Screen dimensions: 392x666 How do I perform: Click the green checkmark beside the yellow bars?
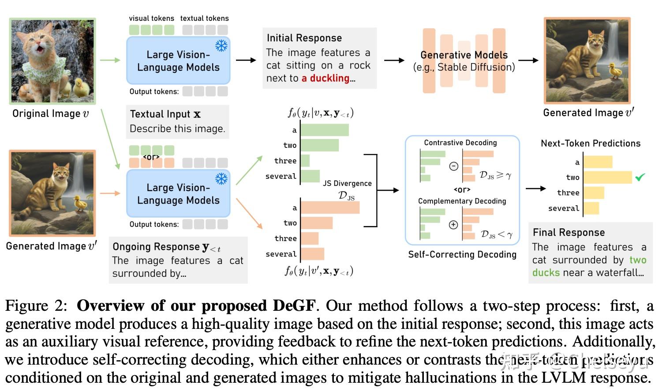click(x=640, y=177)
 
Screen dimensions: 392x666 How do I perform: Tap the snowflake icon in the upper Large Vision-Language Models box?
click(x=221, y=45)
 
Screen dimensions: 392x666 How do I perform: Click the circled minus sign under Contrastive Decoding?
click(x=453, y=166)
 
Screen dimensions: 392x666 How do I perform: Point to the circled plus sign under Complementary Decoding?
click(x=453, y=225)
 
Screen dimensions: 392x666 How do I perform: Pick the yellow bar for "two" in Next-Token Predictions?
click(x=607, y=177)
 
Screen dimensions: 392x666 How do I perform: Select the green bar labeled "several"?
click(x=310, y=176)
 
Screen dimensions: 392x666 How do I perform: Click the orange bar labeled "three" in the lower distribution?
click(x=310, y=238)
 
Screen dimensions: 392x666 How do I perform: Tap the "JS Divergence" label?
click(x=347, y=183)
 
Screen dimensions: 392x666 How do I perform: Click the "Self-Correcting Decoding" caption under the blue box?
click(x=462, y=254)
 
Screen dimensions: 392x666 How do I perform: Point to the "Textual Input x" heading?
click(x=165, y=114)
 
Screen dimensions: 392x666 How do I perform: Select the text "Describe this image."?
click(x=177, y=128)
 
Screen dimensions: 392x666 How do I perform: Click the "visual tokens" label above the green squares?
click(x=151, y=18)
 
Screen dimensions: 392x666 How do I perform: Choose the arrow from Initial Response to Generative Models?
click(x=394, y=60)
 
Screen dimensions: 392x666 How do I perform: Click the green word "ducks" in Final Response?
click(x=546, y=272)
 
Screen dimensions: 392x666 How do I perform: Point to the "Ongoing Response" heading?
click(x=156, y=247)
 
